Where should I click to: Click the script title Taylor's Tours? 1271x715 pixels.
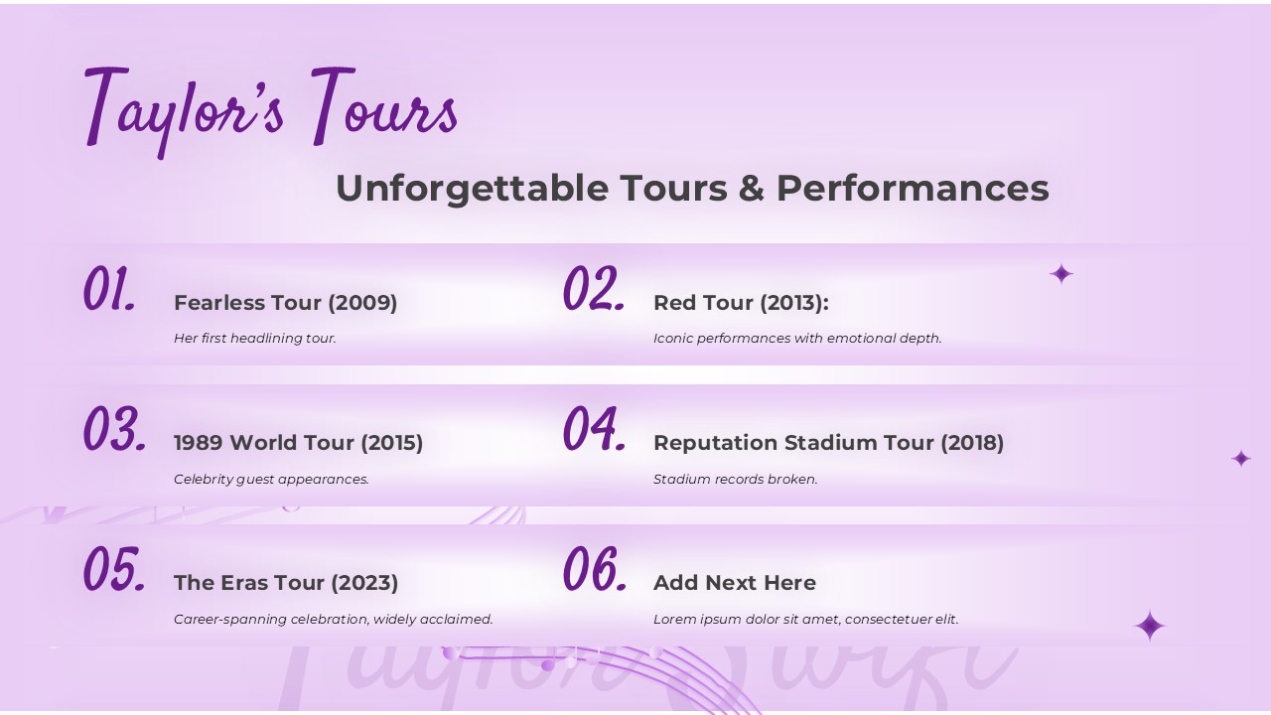coord(271,111)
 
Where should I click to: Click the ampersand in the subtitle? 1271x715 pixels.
coord(752,188)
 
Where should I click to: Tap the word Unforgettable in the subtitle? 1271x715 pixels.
coord(472,189)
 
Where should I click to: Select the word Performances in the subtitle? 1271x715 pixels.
coord(913,188)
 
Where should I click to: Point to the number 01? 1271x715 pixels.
coord(109,288)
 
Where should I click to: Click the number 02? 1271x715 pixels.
coord(594,288)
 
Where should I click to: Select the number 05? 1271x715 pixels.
coord(114,569)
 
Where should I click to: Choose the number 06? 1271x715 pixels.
coord(595,569)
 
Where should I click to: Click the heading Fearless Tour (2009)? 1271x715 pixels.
coord(285,303)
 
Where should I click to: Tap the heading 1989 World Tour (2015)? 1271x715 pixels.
coord(299,443)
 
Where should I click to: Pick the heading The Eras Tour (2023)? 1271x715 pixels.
coord(286,583)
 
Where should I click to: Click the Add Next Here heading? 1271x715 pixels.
coord(735,583)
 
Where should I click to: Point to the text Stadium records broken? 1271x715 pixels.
coord(736,480)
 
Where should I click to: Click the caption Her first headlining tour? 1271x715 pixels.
coord(255,339)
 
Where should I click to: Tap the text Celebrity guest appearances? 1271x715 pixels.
coord(271,480)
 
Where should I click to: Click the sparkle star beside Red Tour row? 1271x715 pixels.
coord(1061,274)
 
